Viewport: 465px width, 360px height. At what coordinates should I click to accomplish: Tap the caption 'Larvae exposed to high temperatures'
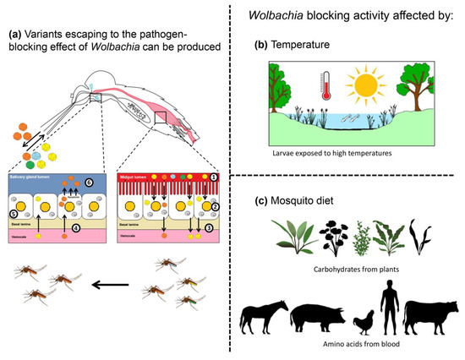[349, 155]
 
